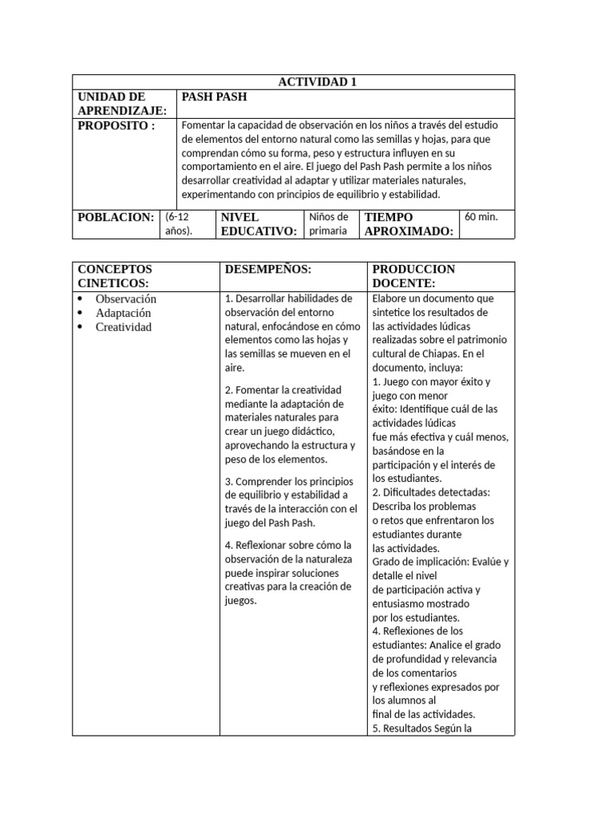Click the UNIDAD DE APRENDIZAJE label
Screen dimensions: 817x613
pos(122,105)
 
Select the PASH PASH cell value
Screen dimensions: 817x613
pos(214,97)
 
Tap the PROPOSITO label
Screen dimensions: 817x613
pos(116,126)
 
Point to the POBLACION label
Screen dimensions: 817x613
pos(115,217)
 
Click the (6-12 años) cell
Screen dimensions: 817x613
pos(179,223)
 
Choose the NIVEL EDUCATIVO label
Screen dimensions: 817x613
pos(259,224)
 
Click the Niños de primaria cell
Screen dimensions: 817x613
pos(328,223)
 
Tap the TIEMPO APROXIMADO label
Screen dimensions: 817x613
pos(409,224)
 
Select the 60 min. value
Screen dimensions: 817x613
pos(481,216)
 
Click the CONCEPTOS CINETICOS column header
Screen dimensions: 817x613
pos(115,276)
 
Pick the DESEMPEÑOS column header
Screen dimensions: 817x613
pos(267,270)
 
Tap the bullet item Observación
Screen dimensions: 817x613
pos(125,299)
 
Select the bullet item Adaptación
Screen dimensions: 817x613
pos(124,313)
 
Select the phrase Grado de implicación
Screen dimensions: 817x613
pos(417,562)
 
